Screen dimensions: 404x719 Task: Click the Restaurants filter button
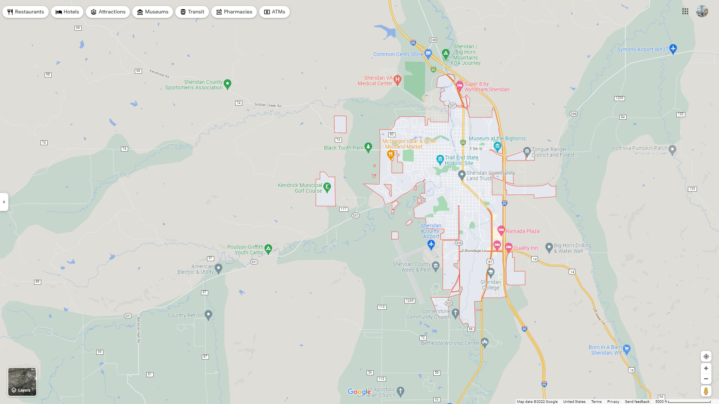point(25,12)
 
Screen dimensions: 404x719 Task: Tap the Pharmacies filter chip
point(234,12)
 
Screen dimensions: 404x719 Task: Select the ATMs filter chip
point(274,12)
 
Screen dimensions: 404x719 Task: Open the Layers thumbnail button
point(22,382)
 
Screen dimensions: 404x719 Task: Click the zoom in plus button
point(706,368)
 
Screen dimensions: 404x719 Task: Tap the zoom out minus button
point(706,379)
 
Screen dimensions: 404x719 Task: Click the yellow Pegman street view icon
point(706,391)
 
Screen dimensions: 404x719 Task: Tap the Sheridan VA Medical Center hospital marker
point(398,79)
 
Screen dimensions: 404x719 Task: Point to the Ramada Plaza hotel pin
point(501,230)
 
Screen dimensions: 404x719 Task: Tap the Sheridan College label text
point(491,285)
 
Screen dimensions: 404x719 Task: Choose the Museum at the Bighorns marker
point(497,146)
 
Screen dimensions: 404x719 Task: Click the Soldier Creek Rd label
point(267,105)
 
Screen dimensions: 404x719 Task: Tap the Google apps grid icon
point(685,12)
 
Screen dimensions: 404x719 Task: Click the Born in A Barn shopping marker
point(627,349)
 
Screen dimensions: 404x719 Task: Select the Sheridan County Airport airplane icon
point(431,245)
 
